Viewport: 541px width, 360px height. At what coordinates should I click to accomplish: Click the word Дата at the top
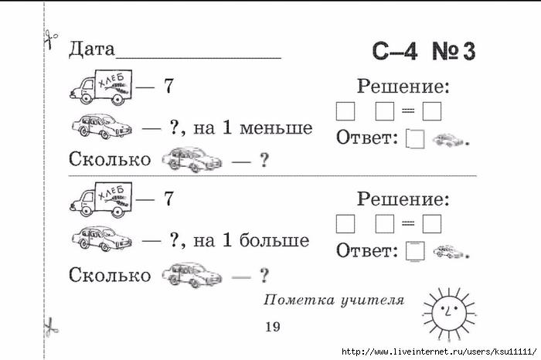pos(91,49)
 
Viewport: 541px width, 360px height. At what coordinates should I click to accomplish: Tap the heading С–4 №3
pos(424,52)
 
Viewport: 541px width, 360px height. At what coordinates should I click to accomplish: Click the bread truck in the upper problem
pos(101,87)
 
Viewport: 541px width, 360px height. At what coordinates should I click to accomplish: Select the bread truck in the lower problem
pos(101,200)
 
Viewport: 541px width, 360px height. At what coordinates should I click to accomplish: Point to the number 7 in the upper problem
pos(168,87)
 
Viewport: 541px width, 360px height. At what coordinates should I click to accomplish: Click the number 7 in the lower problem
pos(168,199)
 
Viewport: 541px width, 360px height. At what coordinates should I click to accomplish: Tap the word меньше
pos(276,128)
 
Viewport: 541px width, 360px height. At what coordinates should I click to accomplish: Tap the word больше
pos(274,240)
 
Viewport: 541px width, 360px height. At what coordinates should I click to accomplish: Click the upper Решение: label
pos(403,87)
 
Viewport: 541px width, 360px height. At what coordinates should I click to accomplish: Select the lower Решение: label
pos(403,199)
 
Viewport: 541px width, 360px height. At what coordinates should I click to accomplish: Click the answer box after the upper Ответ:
pos(415,138)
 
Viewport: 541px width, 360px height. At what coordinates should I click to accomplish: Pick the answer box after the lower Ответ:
pos(415,251)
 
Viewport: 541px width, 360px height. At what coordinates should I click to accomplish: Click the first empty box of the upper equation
pos(345,111)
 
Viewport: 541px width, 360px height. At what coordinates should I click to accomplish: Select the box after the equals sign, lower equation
pos(432,224)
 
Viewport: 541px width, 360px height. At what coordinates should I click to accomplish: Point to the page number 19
pos(273,327)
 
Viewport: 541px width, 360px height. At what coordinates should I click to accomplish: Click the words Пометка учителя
pos(334,300)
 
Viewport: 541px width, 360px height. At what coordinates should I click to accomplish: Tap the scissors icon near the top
pos(50,39)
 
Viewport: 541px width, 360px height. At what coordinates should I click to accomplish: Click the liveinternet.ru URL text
pos(439,352)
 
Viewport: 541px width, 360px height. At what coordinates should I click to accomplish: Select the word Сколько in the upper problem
pos(110,159)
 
